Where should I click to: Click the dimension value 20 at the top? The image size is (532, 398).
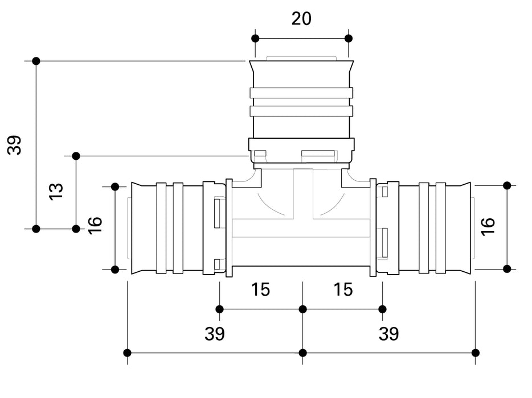(301, 18)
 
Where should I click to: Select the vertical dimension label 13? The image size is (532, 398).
(56, 191)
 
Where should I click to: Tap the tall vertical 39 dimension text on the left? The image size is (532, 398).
(15, 145)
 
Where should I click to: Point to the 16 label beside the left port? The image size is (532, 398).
(95, 225)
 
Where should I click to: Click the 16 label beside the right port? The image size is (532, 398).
(488, 225)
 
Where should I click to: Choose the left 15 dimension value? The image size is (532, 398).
(260, 289)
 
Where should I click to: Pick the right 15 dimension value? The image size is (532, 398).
(343, 289)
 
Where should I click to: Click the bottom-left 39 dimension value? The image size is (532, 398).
(215, 334)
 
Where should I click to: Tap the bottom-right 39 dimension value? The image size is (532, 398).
(388, 334)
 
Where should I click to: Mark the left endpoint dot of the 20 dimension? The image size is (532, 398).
(255, 38)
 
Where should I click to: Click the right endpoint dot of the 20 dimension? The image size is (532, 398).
(349, 38)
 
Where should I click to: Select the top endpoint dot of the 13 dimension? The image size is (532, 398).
(76, 156)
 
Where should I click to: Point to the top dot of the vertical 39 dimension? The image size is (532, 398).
(36, 61)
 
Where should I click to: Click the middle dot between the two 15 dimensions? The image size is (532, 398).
(302, 309)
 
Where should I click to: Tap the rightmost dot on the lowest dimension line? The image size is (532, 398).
(476, 353)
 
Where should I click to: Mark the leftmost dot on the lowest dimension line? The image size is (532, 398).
(127, 353)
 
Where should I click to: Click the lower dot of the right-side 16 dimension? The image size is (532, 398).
(507, 269)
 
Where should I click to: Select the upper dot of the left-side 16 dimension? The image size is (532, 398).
(114, 186)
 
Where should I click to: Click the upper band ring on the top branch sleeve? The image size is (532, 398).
(301, 93)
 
